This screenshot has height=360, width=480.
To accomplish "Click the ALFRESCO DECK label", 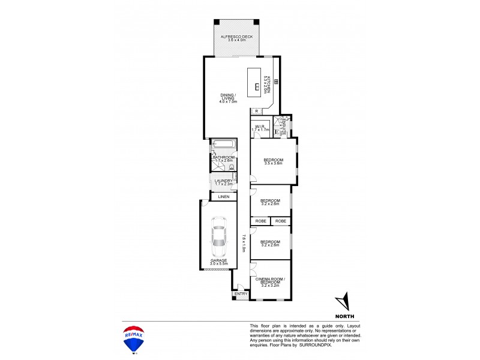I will [x=236, y=38].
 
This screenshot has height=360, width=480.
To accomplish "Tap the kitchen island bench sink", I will [x=257, y=87].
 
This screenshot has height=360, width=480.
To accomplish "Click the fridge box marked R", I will [x=256, y=111].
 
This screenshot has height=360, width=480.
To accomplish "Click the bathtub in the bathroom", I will [x=223, y=145].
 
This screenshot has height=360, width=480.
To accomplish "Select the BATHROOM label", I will [x=223, y=159].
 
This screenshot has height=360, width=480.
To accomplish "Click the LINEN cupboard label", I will [x=223, y=197].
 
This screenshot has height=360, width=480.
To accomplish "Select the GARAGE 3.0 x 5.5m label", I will [x=218, y=262].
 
